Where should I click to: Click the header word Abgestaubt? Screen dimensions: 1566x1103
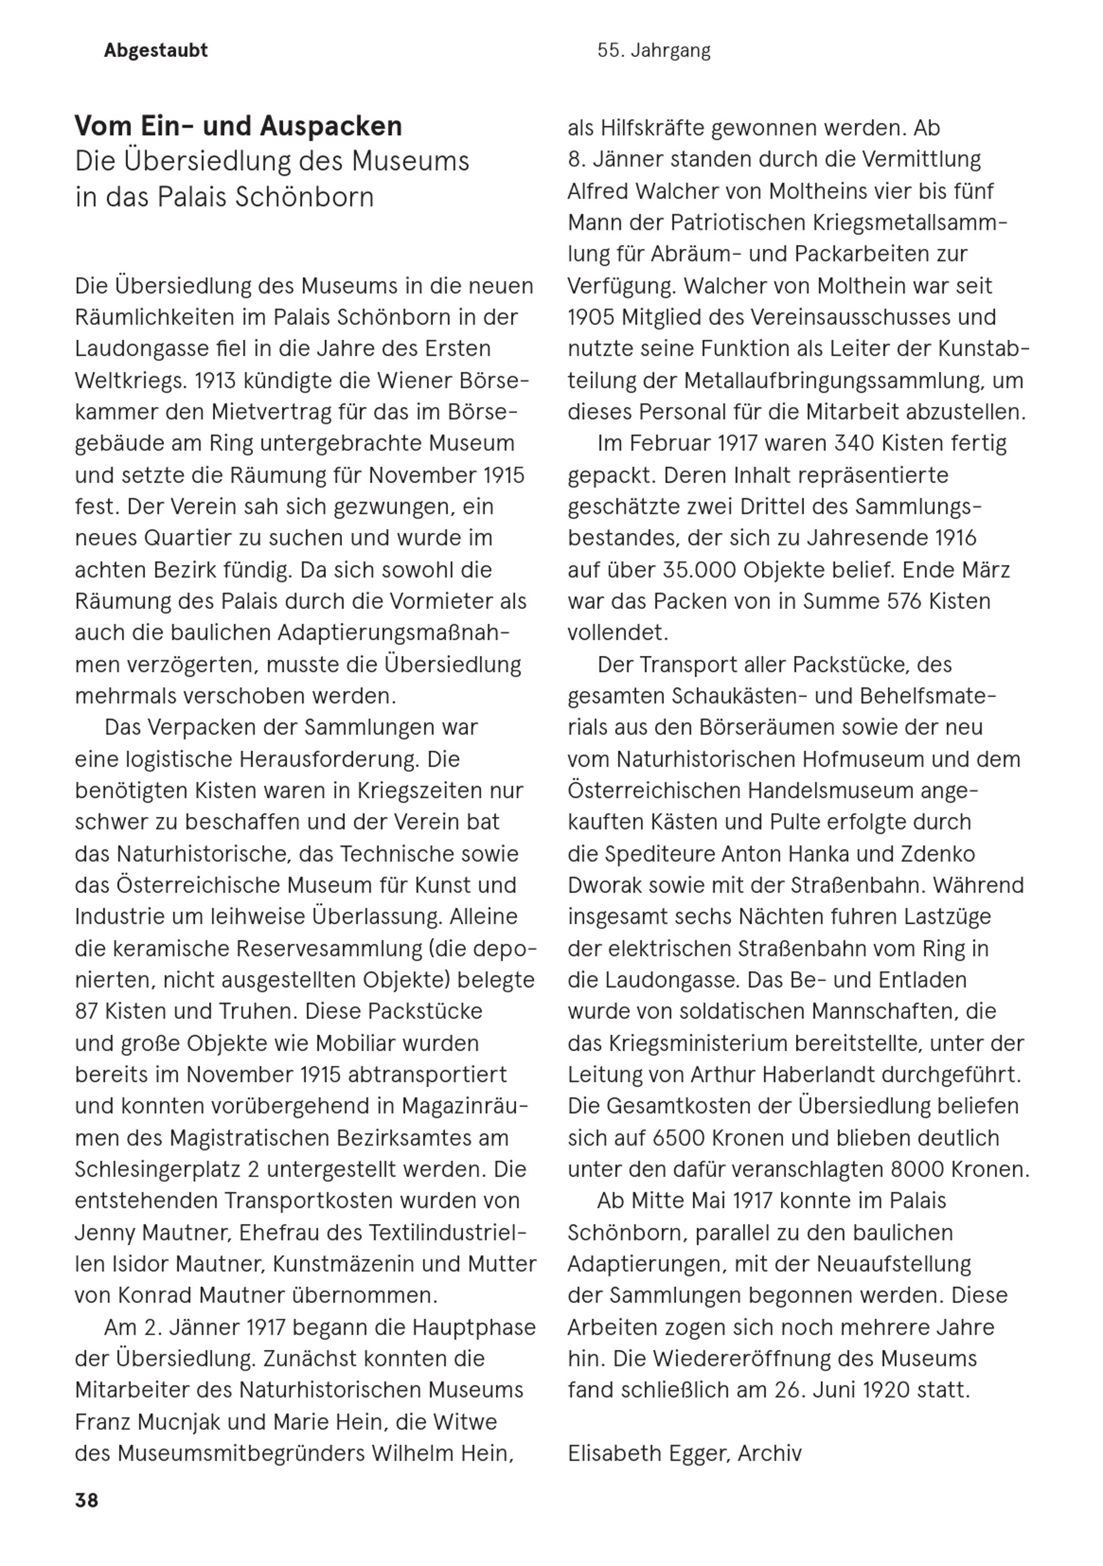point(156,51)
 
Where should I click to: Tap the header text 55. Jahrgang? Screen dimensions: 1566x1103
point(654,51)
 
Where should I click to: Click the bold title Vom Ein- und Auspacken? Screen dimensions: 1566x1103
point(238,126)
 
